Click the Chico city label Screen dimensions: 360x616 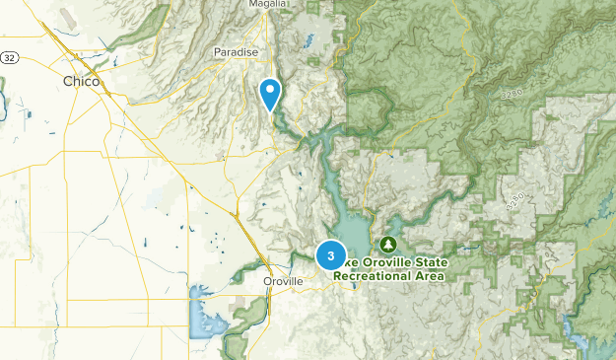pyautogui.click(x=81, y=81)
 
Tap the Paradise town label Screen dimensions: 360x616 pyautogui.click(x=236, y=52)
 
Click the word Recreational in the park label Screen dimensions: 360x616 pyautogui.click(x=370, y=276)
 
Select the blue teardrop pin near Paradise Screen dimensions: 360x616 pyautogui.click(x=270, y=94)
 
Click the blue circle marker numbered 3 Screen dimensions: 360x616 pyautogui.click(x=330, y=256)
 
